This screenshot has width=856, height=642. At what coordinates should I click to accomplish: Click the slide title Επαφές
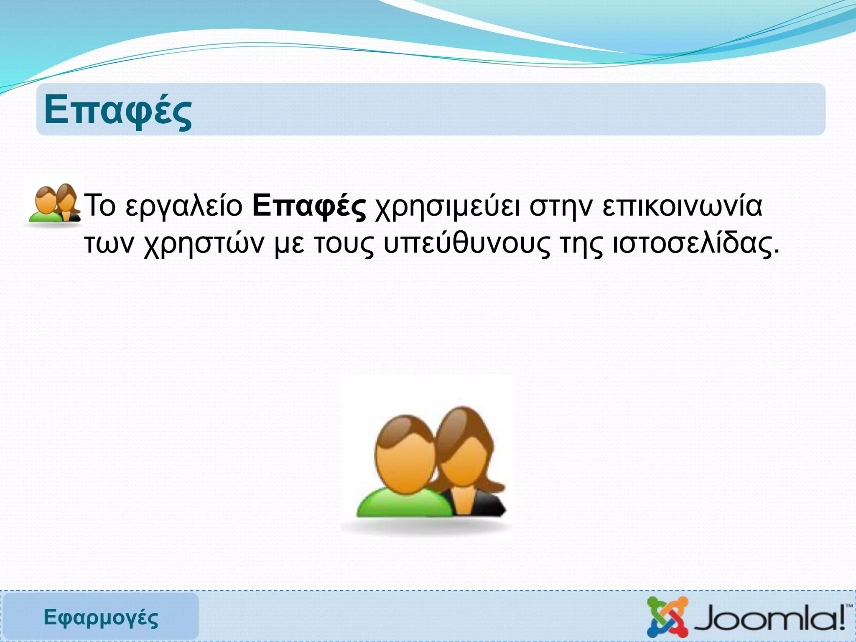pyautogui.click(x=118, y=110)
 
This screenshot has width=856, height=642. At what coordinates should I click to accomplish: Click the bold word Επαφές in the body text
pyautogui.click(x=309, y=206)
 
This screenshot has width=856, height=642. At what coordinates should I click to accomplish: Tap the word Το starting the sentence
pyautogui.click(x=100, y=206)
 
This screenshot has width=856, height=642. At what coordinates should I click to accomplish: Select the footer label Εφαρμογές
pyautogui.click(x=101, y=617)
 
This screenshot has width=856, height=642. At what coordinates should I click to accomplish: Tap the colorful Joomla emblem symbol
pyautogui.click(x=667, y=617)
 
